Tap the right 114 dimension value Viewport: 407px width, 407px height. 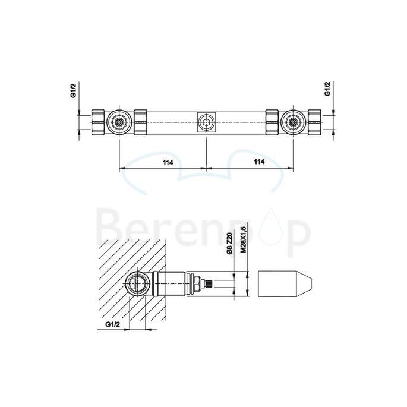(258, 162)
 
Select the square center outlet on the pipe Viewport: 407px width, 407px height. (206, 123)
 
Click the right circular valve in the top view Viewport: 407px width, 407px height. (292, 123)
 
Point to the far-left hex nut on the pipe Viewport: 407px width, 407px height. (98, 123)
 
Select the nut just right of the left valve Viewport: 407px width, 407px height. (141, 123)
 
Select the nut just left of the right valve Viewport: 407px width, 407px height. (272, 123)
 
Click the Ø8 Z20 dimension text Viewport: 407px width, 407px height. (228, 243)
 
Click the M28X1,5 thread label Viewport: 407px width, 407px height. (244, 236)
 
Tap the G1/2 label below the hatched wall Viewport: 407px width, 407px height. (115, 324)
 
